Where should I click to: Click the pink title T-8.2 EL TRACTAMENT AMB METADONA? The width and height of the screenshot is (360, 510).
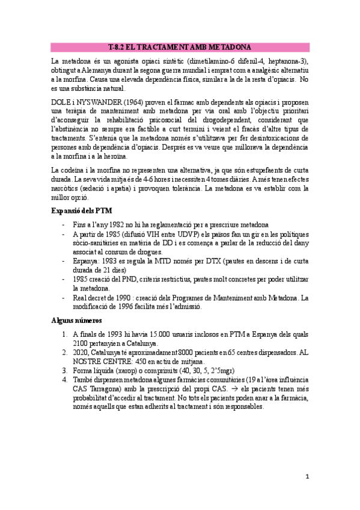[x=180, y=48]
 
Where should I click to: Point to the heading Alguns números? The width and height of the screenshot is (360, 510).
[x=76, y=321]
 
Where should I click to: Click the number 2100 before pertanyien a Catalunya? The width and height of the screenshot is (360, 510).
[x=81, y=343]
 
